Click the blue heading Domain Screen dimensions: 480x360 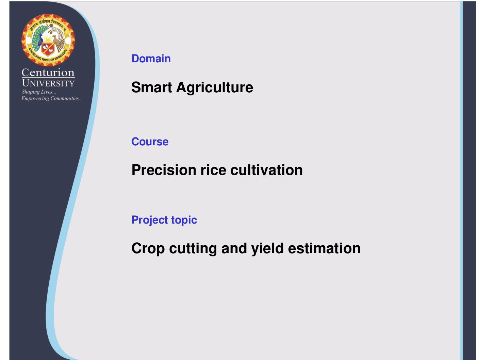coord(151,59)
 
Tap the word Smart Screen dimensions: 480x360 coord(151,87)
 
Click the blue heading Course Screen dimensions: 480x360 coord(150,142)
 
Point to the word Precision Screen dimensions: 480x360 coord(164,170)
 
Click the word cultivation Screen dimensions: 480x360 coord(267,170)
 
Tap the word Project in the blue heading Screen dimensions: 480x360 coord(149,220)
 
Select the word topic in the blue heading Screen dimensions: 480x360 coord(184,220)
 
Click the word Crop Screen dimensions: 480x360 coord(148,249)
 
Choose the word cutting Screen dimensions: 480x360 coord(193,249)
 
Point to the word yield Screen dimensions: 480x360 coord(267,249)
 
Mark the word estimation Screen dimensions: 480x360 coord(324,248)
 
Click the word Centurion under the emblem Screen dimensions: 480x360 coord(48,72)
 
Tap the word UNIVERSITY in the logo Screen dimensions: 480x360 coord(48,83)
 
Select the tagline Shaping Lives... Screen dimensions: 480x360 coord(39,92)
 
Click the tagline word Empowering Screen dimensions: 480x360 coord(35,99)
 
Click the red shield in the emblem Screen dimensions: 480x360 coord(48,49)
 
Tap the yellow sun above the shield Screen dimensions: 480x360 coord(48,39)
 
